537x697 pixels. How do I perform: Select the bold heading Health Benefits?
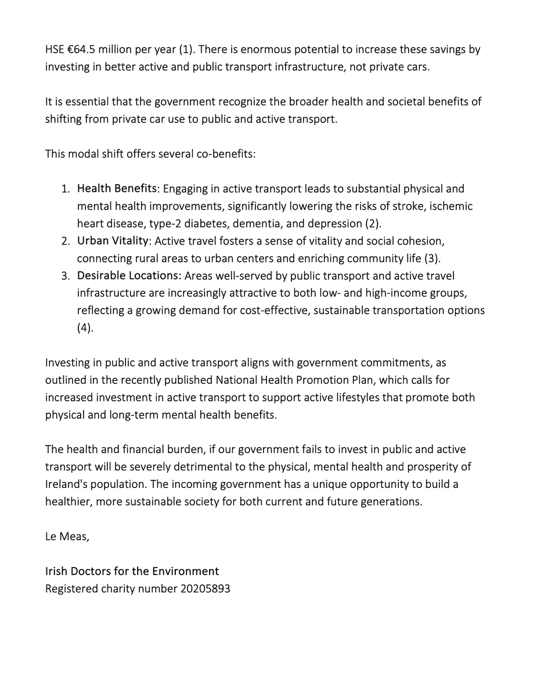[x=117, y=189]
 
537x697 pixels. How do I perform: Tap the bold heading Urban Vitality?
[x=113, y=240]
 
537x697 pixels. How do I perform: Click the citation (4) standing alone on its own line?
[x=85, y=328]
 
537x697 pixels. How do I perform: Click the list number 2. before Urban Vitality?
[x=65, y=240]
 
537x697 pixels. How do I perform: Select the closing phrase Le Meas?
[x=67, y=536]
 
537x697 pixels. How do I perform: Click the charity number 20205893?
[x=205, y=588]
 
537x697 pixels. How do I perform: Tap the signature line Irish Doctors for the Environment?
[x=132, y=571]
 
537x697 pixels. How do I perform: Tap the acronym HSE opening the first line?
[x=55, y=49]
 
